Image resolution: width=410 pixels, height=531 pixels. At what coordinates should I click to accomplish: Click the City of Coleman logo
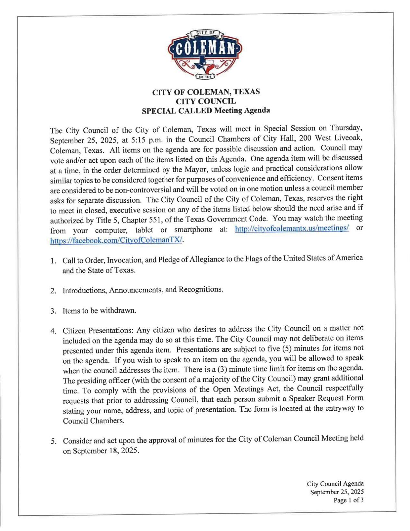click(x=205, y=54)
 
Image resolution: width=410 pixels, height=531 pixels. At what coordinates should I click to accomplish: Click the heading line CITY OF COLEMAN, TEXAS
click(x=206, y=92)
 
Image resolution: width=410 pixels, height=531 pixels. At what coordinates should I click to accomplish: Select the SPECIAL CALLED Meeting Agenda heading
click(x=206, y=110)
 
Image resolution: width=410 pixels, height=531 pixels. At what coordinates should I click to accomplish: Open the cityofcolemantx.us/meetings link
click(x=292, y=228)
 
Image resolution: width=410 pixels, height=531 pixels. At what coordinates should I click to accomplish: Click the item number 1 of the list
click(x=53, y=261)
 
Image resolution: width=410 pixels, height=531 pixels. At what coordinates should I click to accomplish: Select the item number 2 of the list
click(x=53, y=291)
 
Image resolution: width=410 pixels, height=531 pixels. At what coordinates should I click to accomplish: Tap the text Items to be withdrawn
click(x=100, y=310)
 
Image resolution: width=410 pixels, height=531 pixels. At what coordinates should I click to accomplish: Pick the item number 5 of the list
click(x=53, y=441)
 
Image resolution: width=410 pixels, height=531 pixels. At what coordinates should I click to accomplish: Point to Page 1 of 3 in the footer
click(x=348, y=500)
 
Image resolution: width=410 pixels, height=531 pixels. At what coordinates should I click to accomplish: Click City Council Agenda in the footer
click(x=335, y=484)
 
